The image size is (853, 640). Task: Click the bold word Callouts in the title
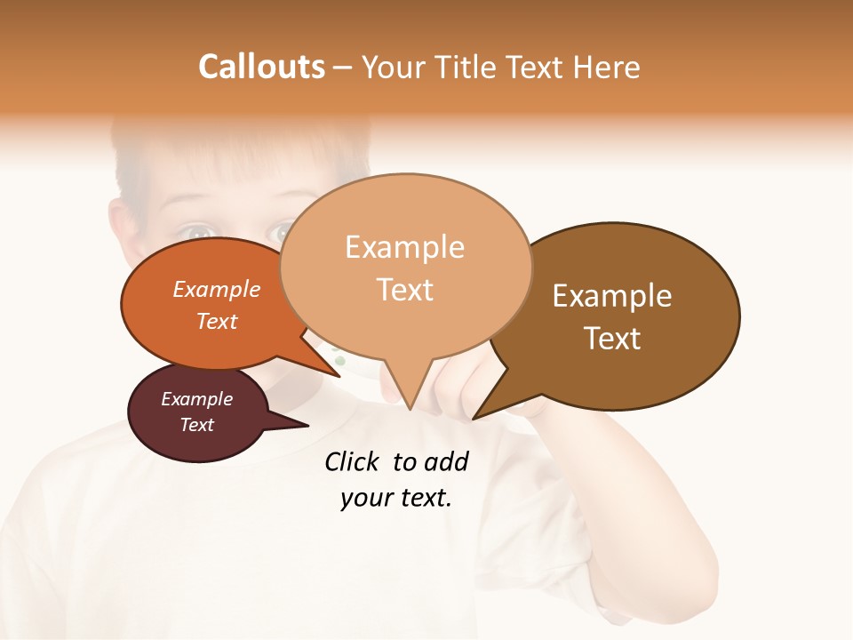click(261, 67)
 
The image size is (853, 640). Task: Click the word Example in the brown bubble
click(612, 296)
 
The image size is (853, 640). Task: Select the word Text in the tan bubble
click(405, 290)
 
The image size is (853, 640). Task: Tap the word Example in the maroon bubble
click(197, 399)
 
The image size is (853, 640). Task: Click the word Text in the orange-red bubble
click(217, 321)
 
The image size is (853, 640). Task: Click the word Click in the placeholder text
click(353, 461)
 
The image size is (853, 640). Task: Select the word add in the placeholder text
click(445, 461)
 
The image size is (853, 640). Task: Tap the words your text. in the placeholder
click(396, 498)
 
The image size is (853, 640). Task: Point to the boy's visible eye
click(199, 232)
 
